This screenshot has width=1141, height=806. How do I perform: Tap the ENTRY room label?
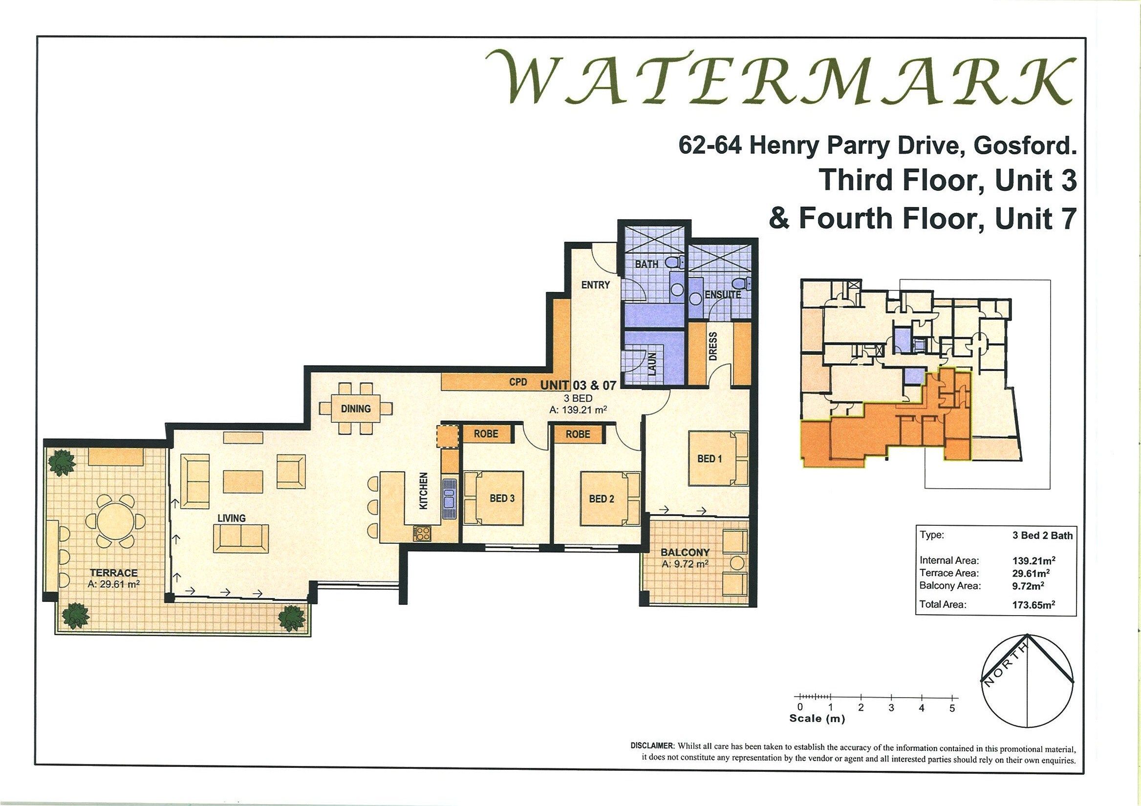[x=595, y=285]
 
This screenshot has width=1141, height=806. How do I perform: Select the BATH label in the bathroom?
[x=646, y=264]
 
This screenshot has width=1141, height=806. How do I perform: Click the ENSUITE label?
[x=723, y=294]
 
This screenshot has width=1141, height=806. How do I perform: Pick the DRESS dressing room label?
[x=713, y=346]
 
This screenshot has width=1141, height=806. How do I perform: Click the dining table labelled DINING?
[x=356, y=409]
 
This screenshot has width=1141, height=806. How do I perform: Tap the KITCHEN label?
[x=424, y=491]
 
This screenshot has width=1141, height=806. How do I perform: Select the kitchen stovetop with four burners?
[x=422, y=534]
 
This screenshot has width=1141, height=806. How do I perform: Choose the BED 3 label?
[x=502, y=498]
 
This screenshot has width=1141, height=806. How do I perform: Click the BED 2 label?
[x=602, y=498]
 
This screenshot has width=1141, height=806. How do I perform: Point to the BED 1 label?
[x=710, y=459]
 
